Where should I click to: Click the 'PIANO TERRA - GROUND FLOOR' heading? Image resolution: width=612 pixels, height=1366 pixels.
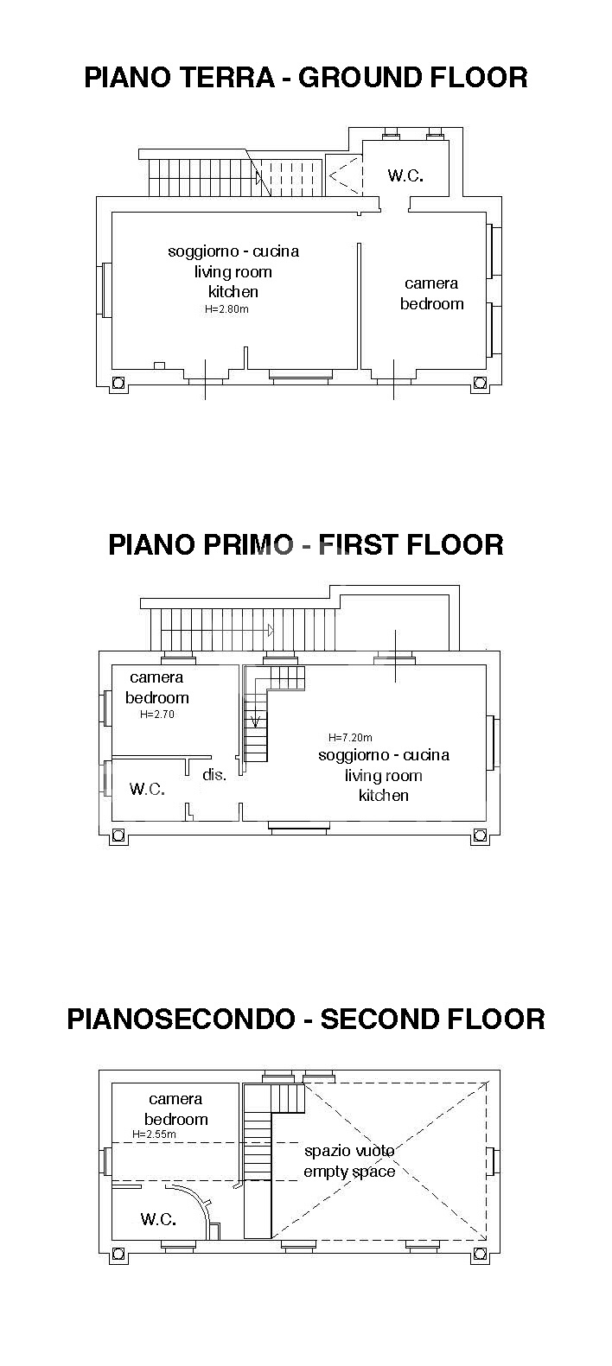(x=306, y=78)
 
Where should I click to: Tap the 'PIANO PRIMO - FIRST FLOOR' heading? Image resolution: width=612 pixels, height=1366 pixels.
(x=306, y=545)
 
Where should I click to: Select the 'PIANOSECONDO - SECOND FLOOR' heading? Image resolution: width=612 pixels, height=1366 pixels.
(x=306, y=1020)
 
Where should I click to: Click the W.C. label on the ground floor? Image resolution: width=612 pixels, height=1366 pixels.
(x=405, y=175)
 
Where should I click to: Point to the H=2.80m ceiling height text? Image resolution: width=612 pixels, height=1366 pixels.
(x=226, y=309)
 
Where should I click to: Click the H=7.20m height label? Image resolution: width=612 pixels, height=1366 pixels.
(x=350, y=737)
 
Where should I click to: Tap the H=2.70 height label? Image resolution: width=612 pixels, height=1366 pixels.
(x=156, y=714)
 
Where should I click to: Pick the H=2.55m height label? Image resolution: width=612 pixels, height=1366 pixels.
(x=155, y=1134)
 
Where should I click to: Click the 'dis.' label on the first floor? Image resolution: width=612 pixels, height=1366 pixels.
(x=214, y=774)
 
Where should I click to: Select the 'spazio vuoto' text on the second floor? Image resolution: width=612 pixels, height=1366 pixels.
(x=349, y=1151)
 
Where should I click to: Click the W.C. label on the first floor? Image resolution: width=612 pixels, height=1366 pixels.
(x=147, y=789)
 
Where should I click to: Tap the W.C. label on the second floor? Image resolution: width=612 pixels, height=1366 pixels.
(x=158, y=1219)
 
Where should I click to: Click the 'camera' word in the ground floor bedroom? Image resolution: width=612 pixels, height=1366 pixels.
(x=431, y=283)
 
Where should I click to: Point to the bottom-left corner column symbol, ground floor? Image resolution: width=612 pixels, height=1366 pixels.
(x=118, y=383)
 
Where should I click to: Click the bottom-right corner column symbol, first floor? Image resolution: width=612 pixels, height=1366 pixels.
(x=481, y=835)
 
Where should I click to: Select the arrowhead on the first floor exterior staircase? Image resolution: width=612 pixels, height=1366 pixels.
(x=271, y=630)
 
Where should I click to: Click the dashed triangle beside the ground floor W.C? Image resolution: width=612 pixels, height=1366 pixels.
(x=346, y=175)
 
